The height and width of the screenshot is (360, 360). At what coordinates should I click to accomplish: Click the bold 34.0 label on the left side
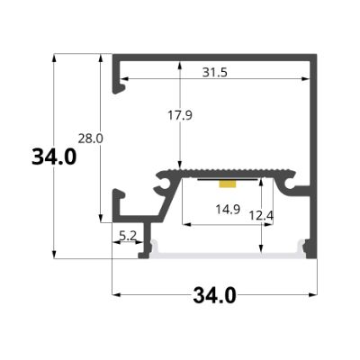pyautogui.click(x=53, y=157)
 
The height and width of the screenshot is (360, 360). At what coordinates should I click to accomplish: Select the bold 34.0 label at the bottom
pyautogui.click(x=214, y=294)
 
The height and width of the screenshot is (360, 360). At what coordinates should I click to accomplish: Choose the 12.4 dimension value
pyautogui.click(x=261, y=216)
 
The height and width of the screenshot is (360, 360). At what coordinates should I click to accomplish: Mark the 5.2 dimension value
pyautogui.click(x=128, y=236)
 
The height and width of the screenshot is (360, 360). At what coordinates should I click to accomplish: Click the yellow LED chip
pyautogui.click(x=229, y=184)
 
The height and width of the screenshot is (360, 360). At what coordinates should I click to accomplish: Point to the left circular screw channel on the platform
pyautogui.click(x=166, y=185)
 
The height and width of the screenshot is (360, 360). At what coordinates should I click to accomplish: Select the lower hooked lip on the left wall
pyautogui.click(x=117, y=202)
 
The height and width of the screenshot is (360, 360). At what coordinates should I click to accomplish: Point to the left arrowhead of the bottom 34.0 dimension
pyautogui.click(x=115, y=293)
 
